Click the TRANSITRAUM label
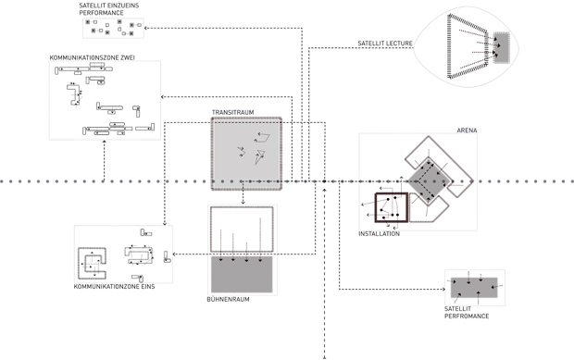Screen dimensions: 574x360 (232, 112)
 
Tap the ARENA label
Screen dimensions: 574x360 (467, 130)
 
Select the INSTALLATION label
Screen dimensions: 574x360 (379, 234)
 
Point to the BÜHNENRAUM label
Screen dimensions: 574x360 (228, 299)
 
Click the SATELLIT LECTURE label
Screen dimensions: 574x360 (385, 43)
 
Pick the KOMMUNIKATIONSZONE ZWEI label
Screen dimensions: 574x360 (93, 57)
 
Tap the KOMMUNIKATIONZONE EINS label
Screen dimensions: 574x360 (114, 287)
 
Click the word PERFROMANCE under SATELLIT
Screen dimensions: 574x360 (467, 317)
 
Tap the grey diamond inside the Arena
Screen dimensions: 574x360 (429, 181)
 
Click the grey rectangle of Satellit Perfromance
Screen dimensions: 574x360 (474, 288)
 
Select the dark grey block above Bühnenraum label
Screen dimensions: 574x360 (242, 274)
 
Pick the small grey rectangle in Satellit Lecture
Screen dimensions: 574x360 (501, 47)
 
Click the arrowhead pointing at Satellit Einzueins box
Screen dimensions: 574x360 (145, 28)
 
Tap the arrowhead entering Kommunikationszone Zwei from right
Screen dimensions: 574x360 (163, 97)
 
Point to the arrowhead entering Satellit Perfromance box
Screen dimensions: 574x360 (443, 290)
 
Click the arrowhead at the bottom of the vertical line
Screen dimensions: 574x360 (324, 357)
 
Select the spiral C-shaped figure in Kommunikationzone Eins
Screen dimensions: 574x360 (92, 264)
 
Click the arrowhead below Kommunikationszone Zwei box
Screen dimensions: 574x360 (105, 142)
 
